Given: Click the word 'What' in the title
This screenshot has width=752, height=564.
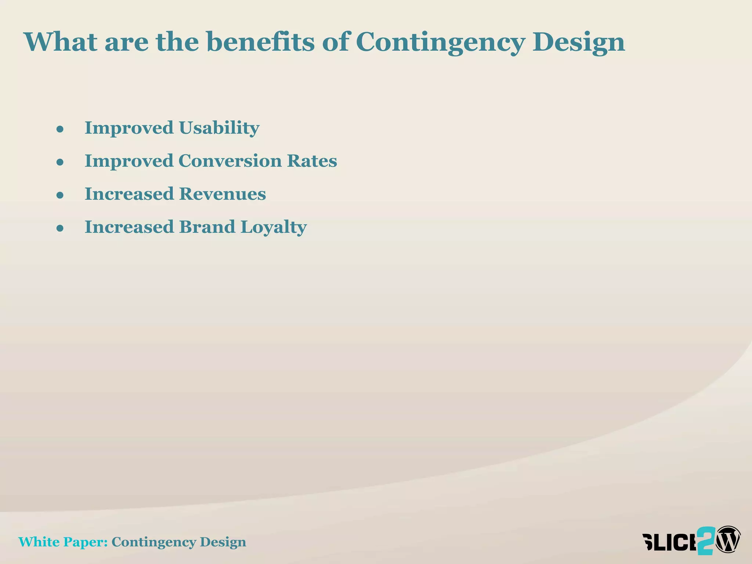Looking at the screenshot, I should click(x=61, y=41).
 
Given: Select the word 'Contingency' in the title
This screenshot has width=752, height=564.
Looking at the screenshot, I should click(x=440, y=42).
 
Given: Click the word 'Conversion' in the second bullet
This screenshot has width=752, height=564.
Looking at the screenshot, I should click(x=229, y=161).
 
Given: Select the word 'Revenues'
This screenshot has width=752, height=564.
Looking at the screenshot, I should click(x=222, y=194).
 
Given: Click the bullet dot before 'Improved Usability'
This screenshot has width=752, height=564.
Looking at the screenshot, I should click(x=60, y=129).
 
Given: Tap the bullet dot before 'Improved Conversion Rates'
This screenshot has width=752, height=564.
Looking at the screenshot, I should click(x=60, y=162).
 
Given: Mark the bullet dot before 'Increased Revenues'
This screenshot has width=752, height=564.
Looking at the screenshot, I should click(x=60, y=195).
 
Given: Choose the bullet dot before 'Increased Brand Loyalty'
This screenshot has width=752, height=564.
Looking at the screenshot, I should click(x=60, y=228).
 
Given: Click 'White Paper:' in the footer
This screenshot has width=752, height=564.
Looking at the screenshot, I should click(x=63, y=542).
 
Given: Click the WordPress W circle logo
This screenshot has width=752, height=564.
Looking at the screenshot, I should click(x=728, y=539).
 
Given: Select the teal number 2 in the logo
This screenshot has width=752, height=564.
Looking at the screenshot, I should click(x=706, y=540).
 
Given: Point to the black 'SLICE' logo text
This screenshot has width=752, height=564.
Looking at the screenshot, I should click(x=669, y=542).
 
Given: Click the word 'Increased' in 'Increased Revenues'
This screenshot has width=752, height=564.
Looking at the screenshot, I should click(x=129, y=194).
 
